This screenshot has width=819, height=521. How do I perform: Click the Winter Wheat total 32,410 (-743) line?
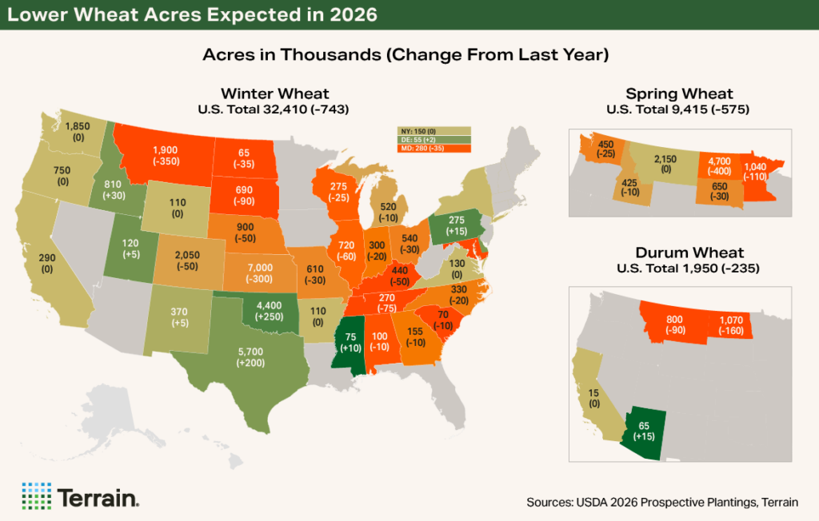point(276,108)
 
